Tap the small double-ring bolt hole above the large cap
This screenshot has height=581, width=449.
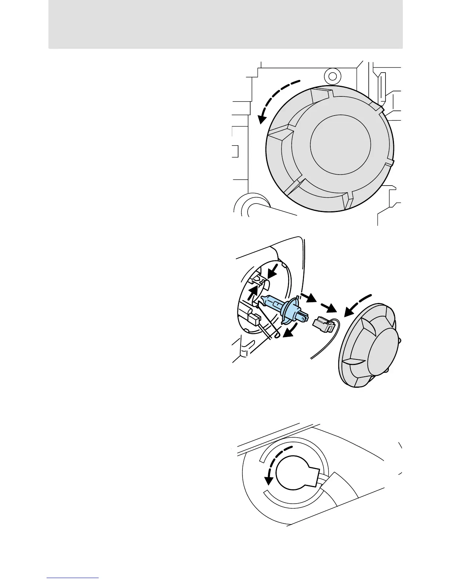332,76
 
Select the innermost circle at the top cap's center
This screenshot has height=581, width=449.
340,142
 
